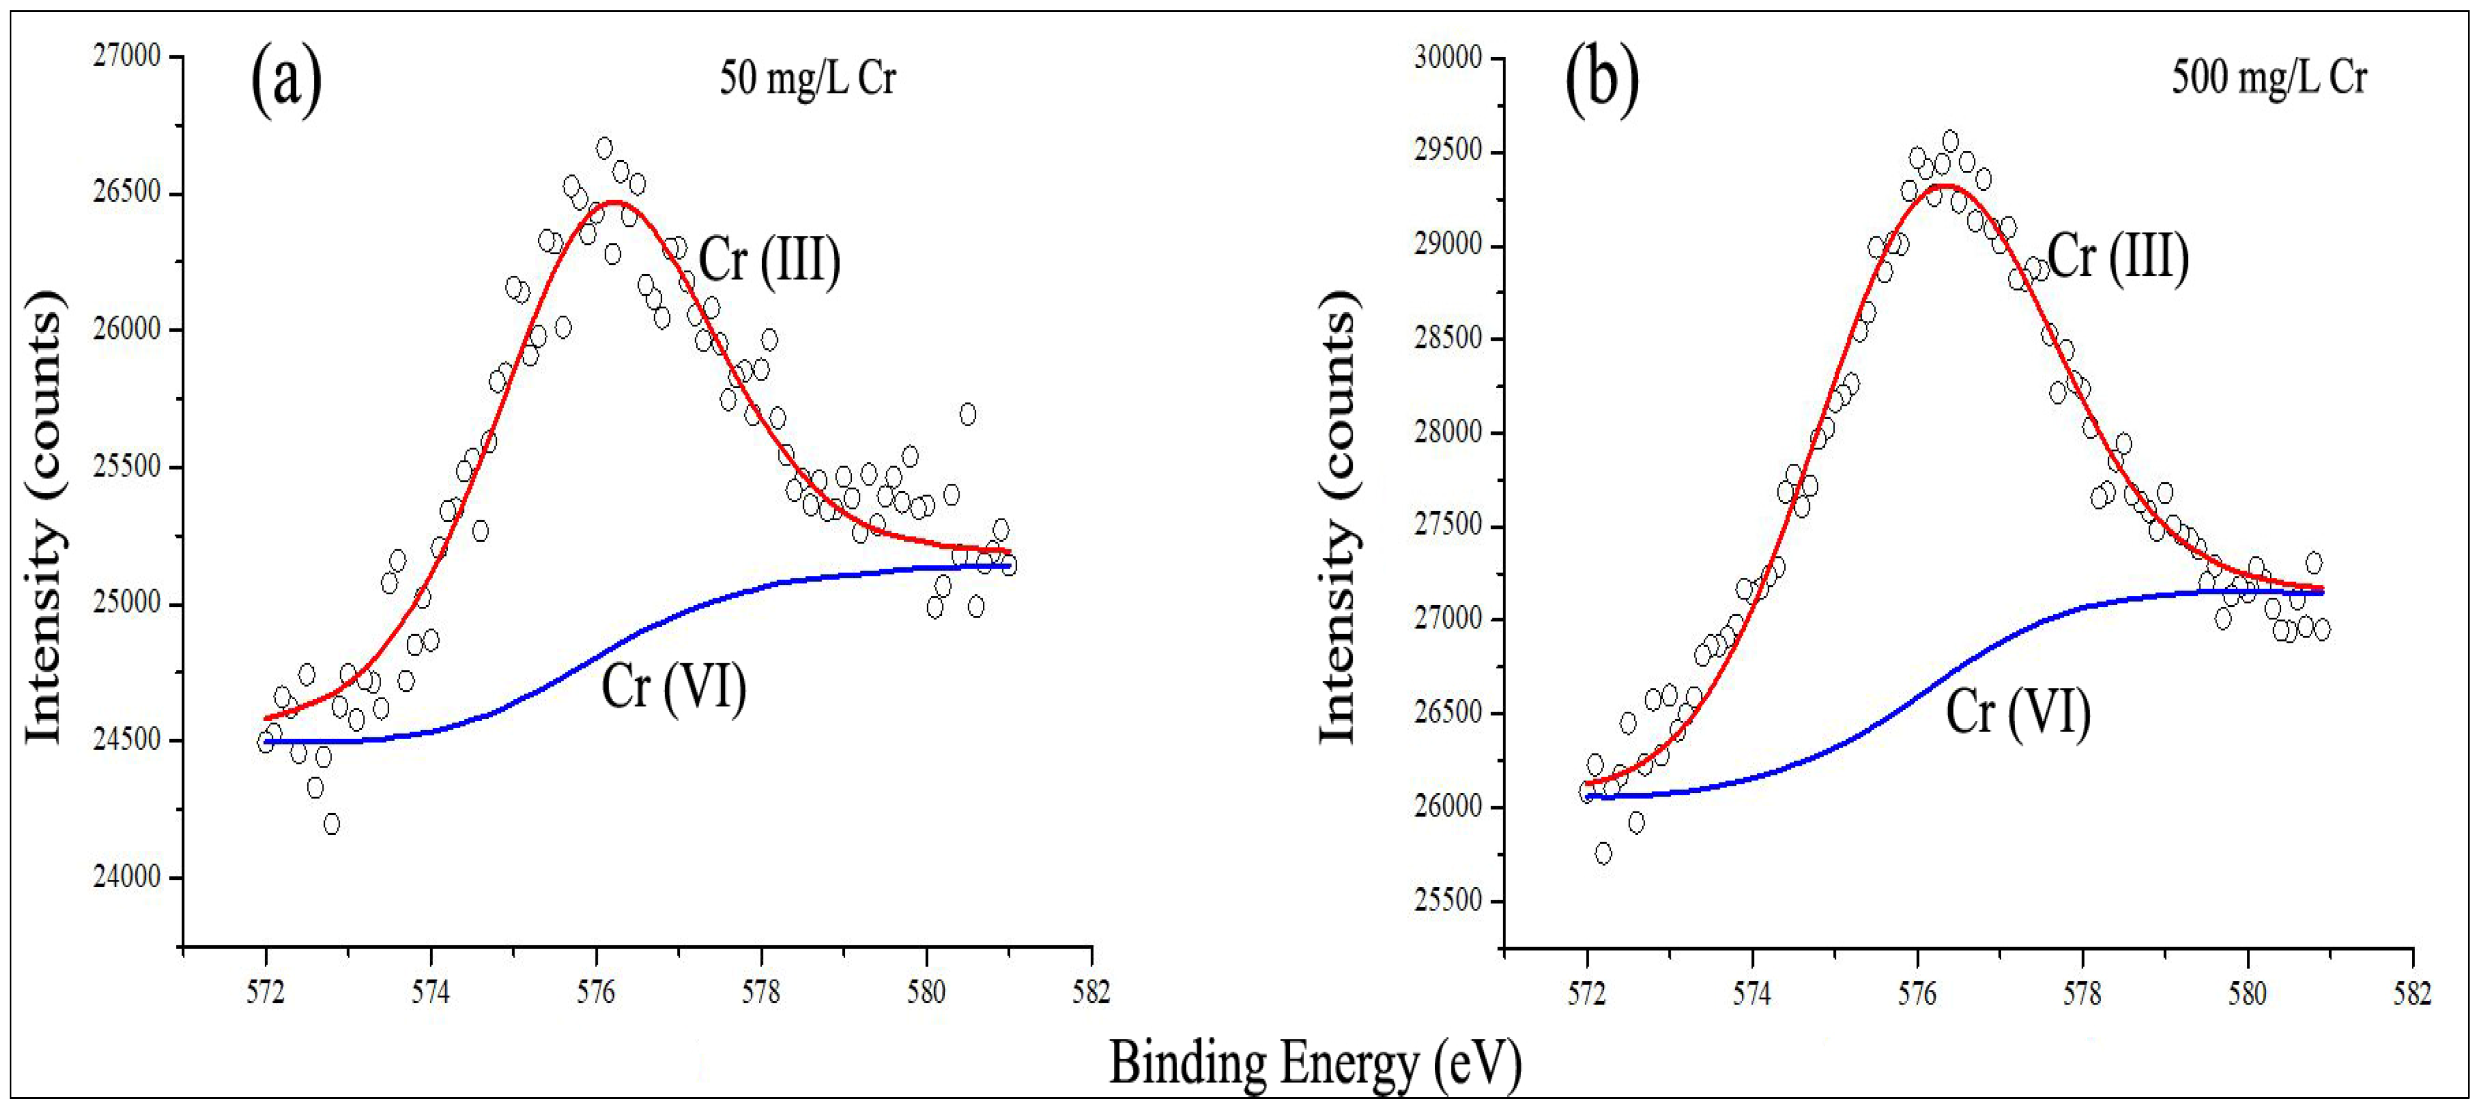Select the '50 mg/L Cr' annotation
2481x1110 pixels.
point(807,77)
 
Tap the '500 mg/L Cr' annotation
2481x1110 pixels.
point(2268,77)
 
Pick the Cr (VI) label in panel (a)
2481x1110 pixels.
point(673,687)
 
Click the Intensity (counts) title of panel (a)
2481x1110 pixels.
point(43,516)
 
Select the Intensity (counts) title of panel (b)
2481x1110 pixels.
point(1337,516)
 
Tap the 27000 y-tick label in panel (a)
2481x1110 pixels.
point(127,57)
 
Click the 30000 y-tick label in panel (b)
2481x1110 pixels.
point(1447,58)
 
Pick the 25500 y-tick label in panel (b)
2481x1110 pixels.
point(1447,900)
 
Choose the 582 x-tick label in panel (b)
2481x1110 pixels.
point(2411,993)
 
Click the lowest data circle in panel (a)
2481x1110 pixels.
point(331,824)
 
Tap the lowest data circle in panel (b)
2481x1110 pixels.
point(1603,853)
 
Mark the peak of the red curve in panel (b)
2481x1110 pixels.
point(1945,186)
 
